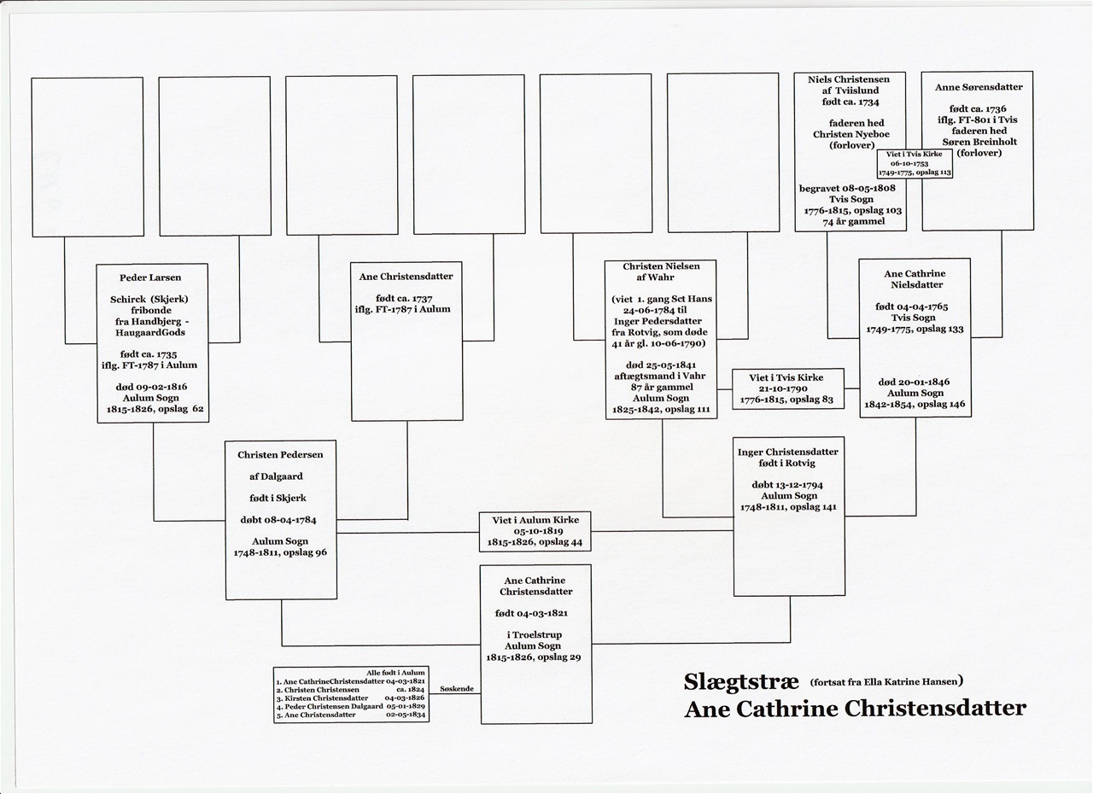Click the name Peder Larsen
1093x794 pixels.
click(x=150, y=277)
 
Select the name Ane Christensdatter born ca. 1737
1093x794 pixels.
click(x=406, y=277)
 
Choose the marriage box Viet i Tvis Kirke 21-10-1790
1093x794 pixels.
click(x=787, y=388)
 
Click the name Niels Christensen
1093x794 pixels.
click(x=849, y=79)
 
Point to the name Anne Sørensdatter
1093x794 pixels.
click(x=979, y=87)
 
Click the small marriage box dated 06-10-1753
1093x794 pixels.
click(x=915, y=163)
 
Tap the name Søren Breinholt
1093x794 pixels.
click(x=979, y=142)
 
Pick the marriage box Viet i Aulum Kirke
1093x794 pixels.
click(x=535, y=531)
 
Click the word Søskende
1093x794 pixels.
click(x=457, y=689)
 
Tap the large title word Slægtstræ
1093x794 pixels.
click(x=741, y=681)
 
